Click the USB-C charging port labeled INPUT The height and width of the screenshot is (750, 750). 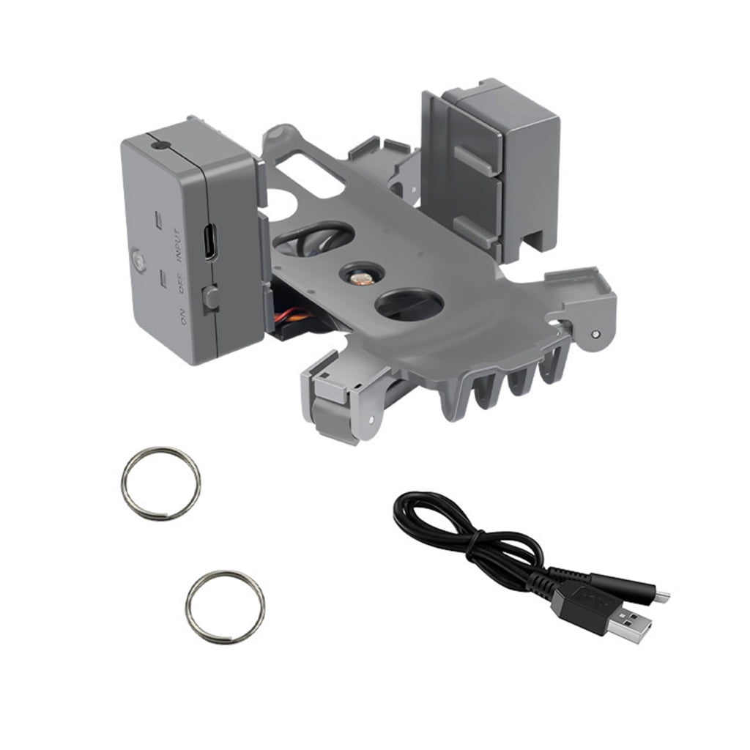(x=209, y=242)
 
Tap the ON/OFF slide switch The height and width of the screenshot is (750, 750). (x=211, y=297)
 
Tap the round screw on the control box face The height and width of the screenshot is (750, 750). (x=137, y=259)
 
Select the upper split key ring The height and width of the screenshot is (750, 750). (x=160, y=484)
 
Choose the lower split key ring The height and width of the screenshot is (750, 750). (x=225, y=607)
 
